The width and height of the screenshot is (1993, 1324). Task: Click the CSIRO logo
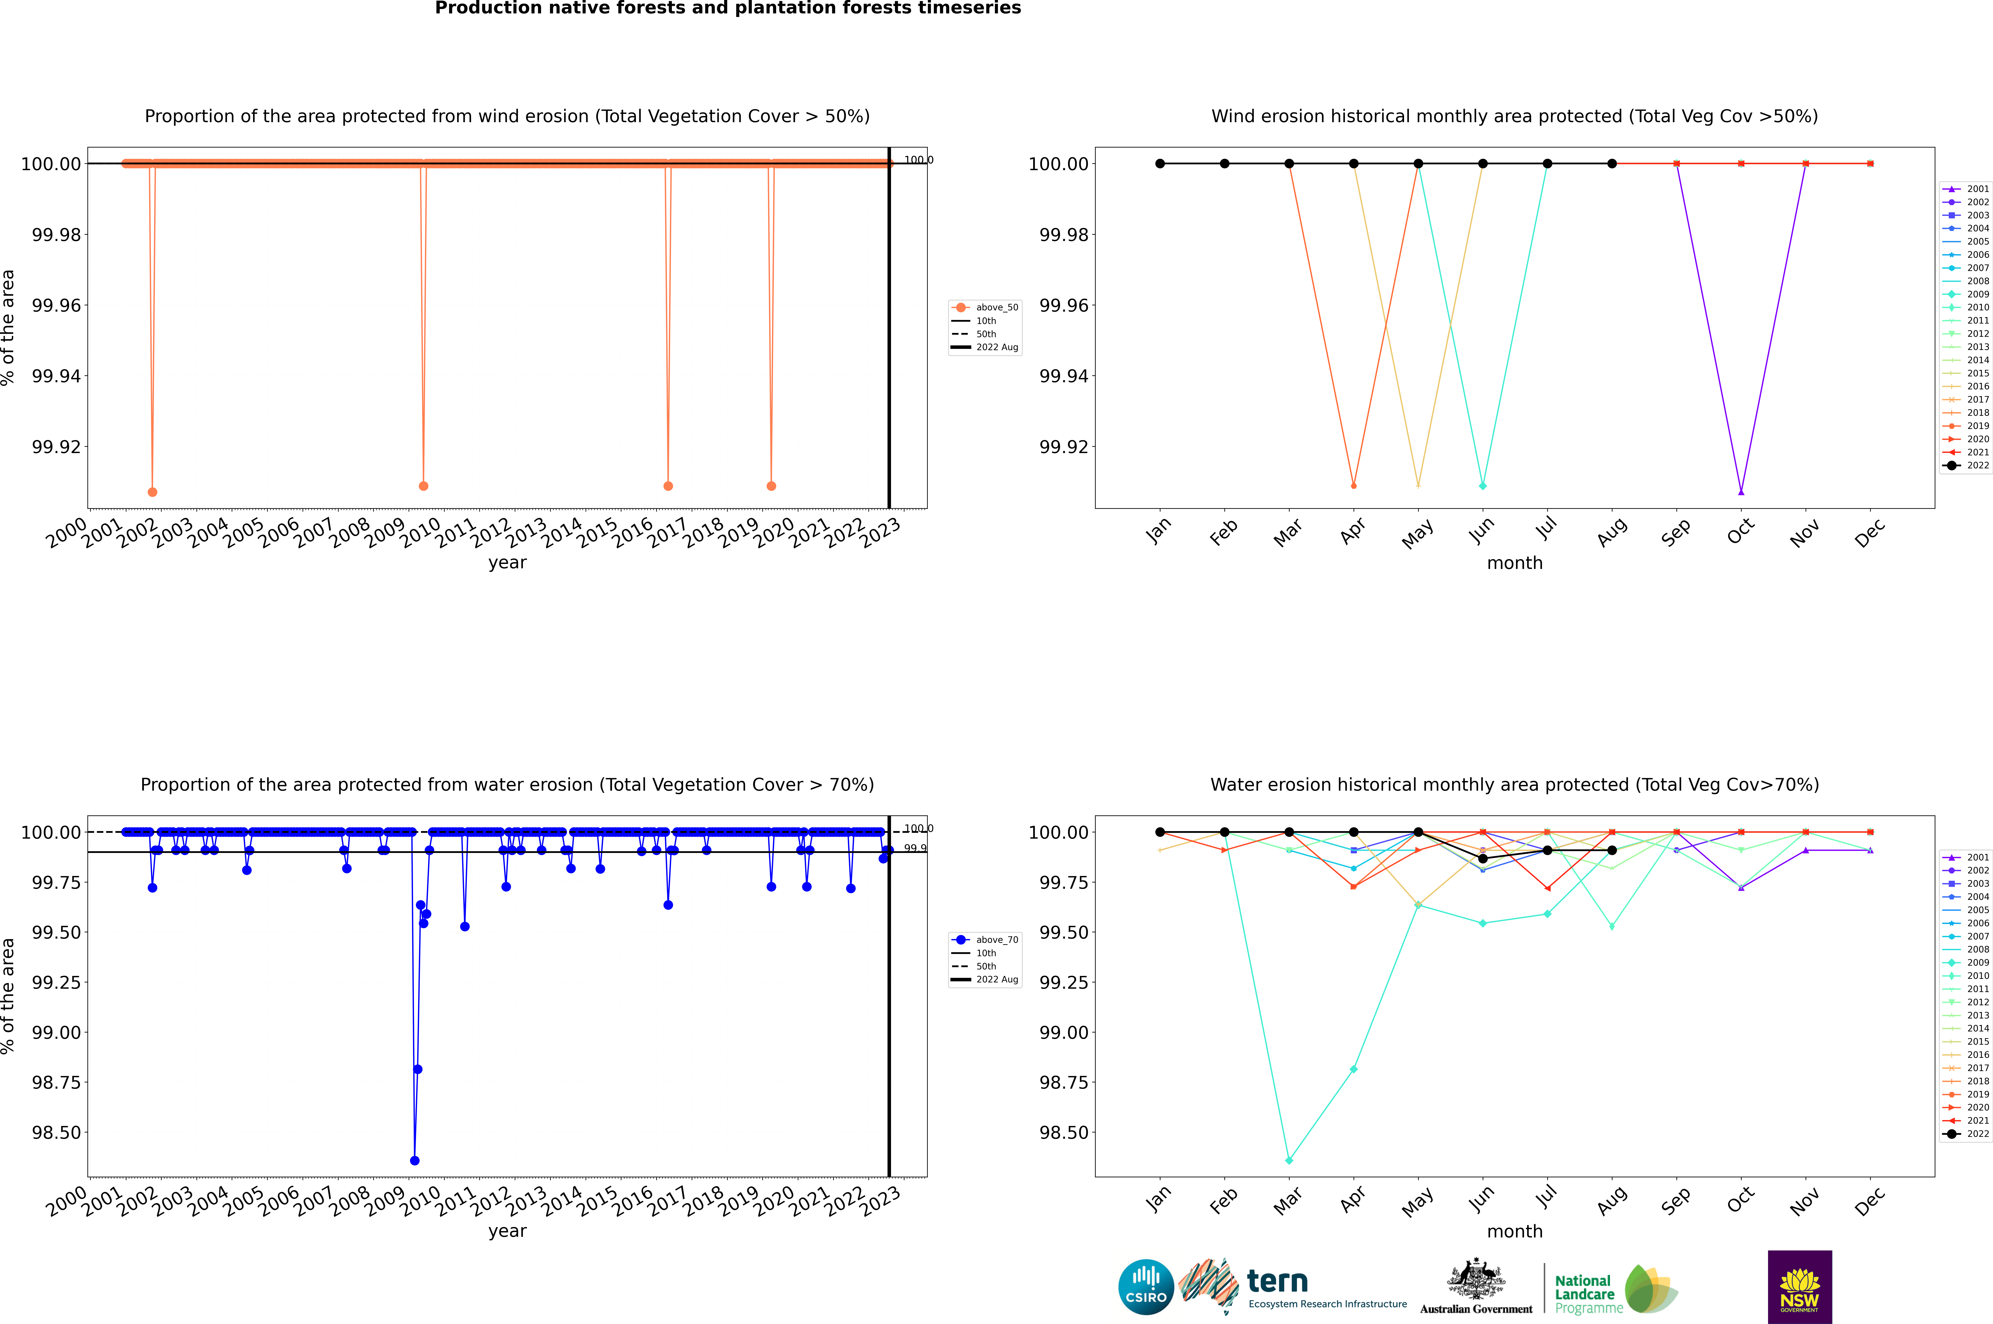[1146, 1287]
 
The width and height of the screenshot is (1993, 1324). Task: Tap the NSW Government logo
[1799, 1287]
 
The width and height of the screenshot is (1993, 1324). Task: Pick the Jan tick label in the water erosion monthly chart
[1158, 1199]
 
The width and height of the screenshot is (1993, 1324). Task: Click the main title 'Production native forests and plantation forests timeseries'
[728, 8]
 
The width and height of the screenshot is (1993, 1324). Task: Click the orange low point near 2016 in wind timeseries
[668, 486]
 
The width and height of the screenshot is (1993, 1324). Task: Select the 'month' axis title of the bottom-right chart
[1514, 1231]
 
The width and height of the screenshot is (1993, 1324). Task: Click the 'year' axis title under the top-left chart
[507, 562]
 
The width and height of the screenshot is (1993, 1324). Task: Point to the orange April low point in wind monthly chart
[1354, 486]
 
